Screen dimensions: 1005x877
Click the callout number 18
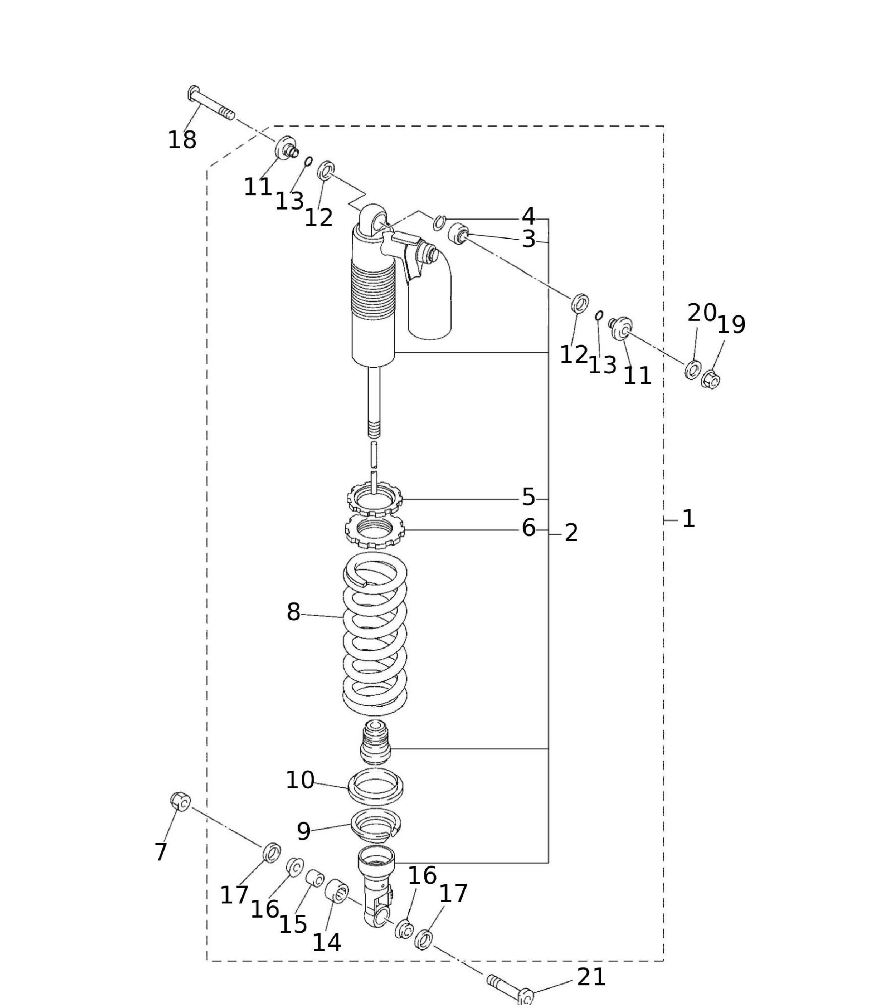tap(182, 140)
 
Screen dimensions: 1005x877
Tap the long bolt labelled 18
tap(210, 103)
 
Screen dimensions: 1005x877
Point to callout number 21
tap(592, 978)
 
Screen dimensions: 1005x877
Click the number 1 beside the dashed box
tap(689, 519)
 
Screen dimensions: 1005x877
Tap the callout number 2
tap(571, 533)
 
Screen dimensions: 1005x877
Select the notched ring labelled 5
tap(374, 500)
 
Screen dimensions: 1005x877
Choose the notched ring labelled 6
tap(374, 532)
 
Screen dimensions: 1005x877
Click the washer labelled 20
tap(692, 370)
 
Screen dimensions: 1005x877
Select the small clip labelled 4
tap(439, 222)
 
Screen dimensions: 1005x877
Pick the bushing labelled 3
tap(459, 232)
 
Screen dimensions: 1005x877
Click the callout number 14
tap(326, 942)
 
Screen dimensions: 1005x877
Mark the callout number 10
tap(299, 780)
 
